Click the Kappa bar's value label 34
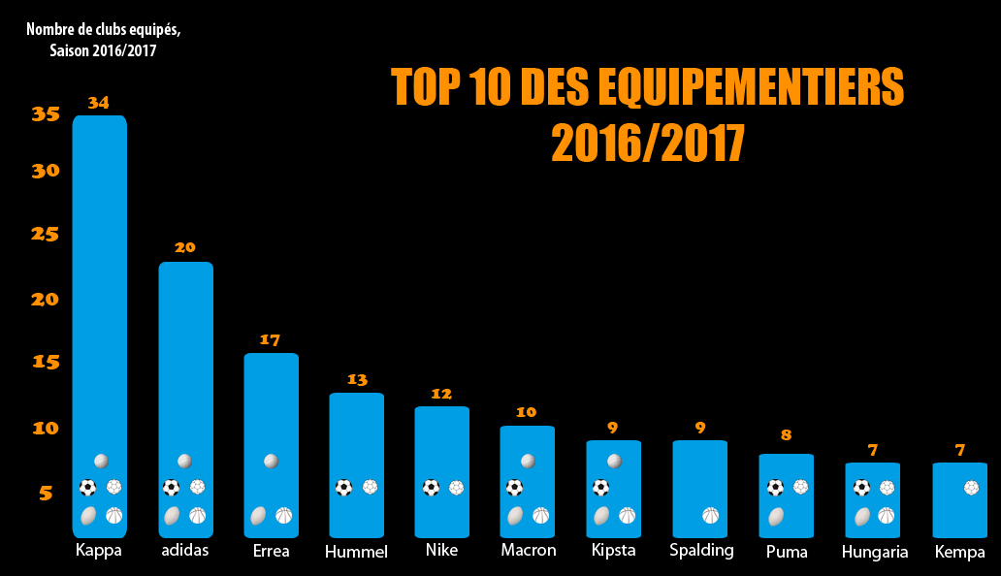(x=99, y=102)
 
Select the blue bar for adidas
(x=185, y=368)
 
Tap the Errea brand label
(x=271, y=551)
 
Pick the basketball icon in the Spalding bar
(x=712, y=516)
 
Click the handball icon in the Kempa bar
(x=972, y=488)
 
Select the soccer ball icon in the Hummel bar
(x=344, y=488)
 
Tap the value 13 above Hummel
(x=357, y=380)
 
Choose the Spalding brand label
(x=701, y=551)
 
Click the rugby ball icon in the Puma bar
(x=775, y=516)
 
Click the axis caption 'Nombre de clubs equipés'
(x=103, y=29)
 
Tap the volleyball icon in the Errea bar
(x=272, y=461)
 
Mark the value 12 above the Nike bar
(x=441, y=394)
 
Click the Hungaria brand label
(x=875, y=553)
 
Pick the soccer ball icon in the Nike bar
(x=431, y=488)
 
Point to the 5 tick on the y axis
(x=46, y=494)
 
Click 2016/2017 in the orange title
(x=648, y=144)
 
